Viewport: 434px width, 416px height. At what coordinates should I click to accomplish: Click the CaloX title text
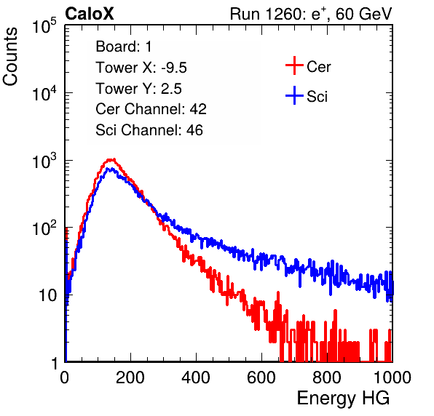[90, 14]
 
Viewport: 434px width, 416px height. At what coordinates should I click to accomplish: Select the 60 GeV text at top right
[363, 14]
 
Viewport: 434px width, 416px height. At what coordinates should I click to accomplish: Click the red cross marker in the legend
[294, 65]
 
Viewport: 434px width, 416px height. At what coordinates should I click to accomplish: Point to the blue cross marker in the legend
[294, 95]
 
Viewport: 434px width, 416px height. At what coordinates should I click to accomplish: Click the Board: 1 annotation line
[124, 47]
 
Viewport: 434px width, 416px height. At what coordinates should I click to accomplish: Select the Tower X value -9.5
[174, 68]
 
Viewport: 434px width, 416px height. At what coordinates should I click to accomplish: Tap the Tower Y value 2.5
[171, 89]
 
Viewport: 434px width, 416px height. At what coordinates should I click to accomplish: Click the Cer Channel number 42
[198, 109]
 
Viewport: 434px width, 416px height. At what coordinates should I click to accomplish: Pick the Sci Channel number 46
[194, 130]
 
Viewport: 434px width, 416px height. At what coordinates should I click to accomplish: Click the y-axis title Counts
[10, 57]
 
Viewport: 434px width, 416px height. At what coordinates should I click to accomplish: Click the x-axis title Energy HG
[343, 399]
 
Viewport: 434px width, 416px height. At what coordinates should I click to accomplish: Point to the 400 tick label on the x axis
[196, 377]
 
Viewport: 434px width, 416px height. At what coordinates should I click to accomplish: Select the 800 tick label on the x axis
[327, 377]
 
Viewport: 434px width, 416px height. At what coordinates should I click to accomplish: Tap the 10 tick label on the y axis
[47, 295]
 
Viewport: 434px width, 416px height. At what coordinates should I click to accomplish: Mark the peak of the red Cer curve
[111, 159]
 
